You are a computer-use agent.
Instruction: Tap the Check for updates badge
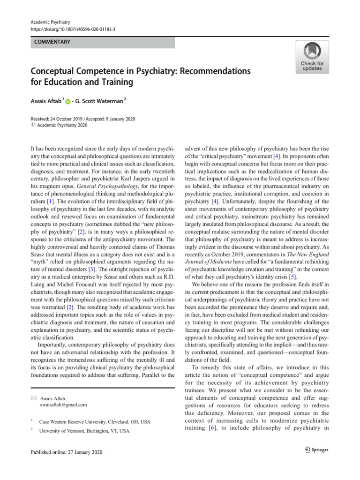point(312,57)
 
